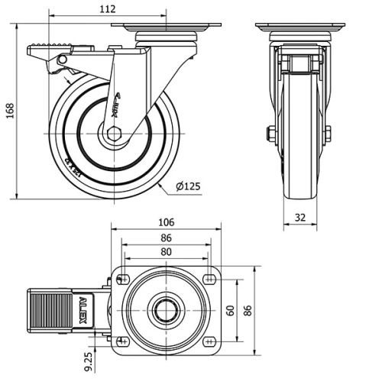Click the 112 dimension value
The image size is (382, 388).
(x=107, y=9)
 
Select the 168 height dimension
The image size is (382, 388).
(x=8, y=112)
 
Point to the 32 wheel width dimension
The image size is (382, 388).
(x=300, y=218)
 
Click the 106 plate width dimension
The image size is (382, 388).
(x=167, y=222)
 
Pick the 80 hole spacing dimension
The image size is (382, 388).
(x=167, y=253)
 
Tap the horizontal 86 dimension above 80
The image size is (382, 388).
(x=167, y=238)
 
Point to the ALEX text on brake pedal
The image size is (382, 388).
(x=83, y=311)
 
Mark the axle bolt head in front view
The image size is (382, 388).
(x=270, y=135)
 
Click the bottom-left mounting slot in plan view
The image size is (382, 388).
(x=125, y=341)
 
